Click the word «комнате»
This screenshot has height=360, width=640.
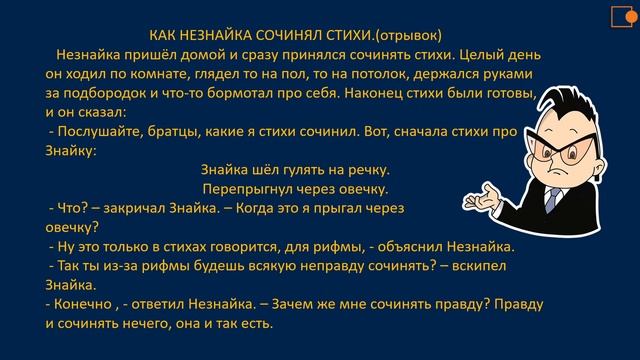tap(159, 76)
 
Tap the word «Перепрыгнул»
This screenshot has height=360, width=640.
tap(249, 189)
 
